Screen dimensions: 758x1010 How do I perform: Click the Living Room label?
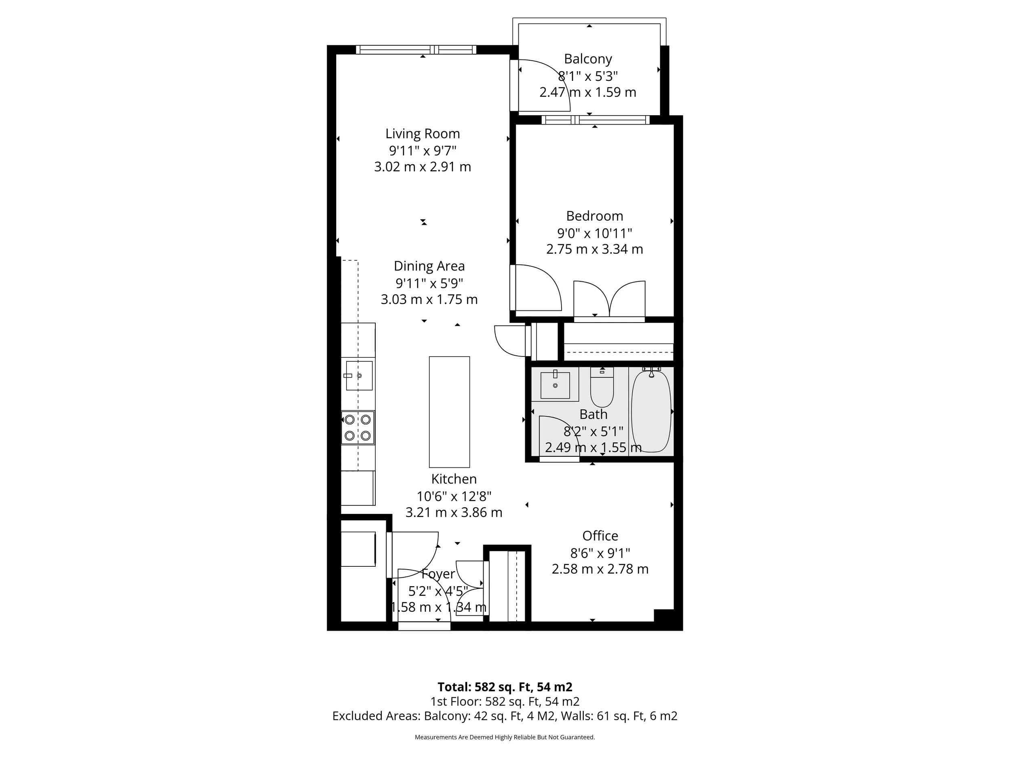point(422,134)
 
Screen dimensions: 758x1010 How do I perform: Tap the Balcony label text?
point(588,59)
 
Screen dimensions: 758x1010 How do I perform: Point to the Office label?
point(600,536)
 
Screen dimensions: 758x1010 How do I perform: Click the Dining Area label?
point(429,266)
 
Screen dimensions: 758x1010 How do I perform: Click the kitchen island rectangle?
point(449,412)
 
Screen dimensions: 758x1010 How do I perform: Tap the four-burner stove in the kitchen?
point(358,428)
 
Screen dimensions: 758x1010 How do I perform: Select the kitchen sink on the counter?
point(359,376)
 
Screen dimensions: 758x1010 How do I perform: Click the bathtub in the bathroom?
point(651,411)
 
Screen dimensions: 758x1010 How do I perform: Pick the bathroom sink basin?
point(555,385)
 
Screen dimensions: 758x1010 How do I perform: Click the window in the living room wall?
point(416,50)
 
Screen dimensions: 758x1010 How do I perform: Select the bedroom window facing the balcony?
point(595,120)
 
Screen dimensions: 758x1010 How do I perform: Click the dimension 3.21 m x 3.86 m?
point(453,513)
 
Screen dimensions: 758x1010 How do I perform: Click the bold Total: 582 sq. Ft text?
point(504,687)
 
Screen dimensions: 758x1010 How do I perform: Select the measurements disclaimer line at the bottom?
point(505,737)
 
